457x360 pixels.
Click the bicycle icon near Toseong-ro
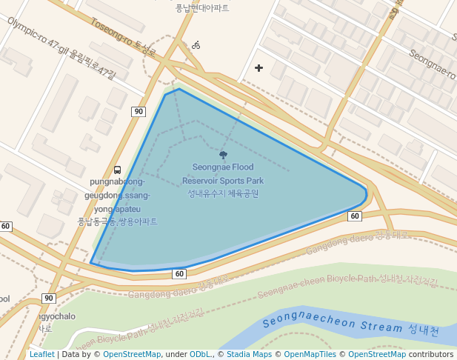coord(196,45)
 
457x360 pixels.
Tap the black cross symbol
coord(258,68)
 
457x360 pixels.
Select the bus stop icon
coord(118,170)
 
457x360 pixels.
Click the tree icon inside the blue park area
coord(223,155)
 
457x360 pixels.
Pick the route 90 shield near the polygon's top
coord(139,112)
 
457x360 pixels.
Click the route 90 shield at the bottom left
coord(49,298)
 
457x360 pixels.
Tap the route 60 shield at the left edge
coord(6,226)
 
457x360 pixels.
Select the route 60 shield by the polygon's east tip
coord(355,216)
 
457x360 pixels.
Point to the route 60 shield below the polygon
coord(179,273)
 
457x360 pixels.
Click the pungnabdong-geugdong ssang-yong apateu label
coord(118,201)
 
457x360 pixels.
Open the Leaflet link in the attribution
coord(41,355)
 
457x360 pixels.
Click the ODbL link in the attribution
coord(200,355)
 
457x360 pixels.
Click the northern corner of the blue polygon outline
coord(179,89)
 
